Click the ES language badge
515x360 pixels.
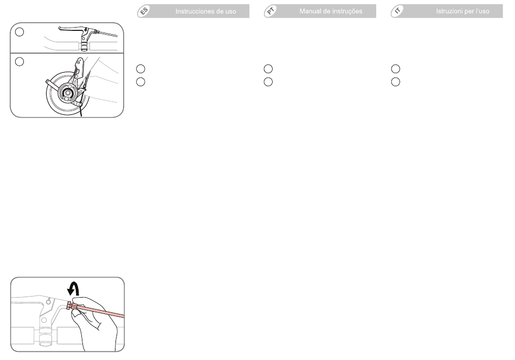coord(144,11)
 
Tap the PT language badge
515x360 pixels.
coord(271,11)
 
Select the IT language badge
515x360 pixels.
coord(397,11)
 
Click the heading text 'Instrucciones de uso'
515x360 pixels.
coord(205,11)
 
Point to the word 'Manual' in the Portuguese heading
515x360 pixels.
coord(310,11)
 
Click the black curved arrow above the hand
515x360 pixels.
coord(74,289)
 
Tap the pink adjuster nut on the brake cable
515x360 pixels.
coord(69,305)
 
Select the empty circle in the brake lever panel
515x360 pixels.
coord(20,32)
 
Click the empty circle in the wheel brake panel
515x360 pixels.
coord(20,61)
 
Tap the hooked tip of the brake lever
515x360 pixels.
coord(60,29)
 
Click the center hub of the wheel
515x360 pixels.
coord(68,93)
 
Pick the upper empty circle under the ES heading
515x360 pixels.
coord(140,69)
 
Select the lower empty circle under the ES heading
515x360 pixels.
coord(140,82)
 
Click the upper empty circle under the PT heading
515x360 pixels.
coord(268,69)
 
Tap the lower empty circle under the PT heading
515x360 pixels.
coord(268,82)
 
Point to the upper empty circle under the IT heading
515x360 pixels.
coord(395,69)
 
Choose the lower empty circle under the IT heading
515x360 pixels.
coord(395,82)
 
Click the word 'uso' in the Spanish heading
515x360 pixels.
coord(230,12)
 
